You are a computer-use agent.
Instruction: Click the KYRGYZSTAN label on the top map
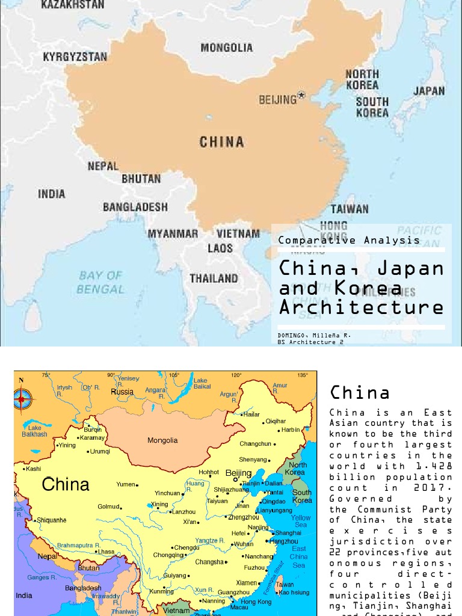pos(75,57)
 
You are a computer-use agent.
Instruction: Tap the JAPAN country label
pos(429,91)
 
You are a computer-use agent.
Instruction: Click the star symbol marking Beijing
pos(302,96)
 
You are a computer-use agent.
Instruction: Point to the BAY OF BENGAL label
pos(100,282)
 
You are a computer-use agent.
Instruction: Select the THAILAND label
pos(214,279)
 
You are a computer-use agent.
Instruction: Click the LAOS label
pos(220,248)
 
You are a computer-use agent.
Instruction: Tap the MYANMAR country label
pos(173,233)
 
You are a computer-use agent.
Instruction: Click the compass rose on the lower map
pos(22,398)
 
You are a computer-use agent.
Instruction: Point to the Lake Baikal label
pos(200,383)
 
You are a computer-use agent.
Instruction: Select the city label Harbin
pos(290,430)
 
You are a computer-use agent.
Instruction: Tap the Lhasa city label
pos(106,551)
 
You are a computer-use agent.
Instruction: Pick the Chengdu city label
pos(186,547)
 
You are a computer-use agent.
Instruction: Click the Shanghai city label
pos(288,532)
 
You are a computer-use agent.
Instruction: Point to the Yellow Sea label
pos(301,521)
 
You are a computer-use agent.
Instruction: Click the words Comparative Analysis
pos(349,240)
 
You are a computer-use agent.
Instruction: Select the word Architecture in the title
pos(361,307)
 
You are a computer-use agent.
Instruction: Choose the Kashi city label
pos(34,469)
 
